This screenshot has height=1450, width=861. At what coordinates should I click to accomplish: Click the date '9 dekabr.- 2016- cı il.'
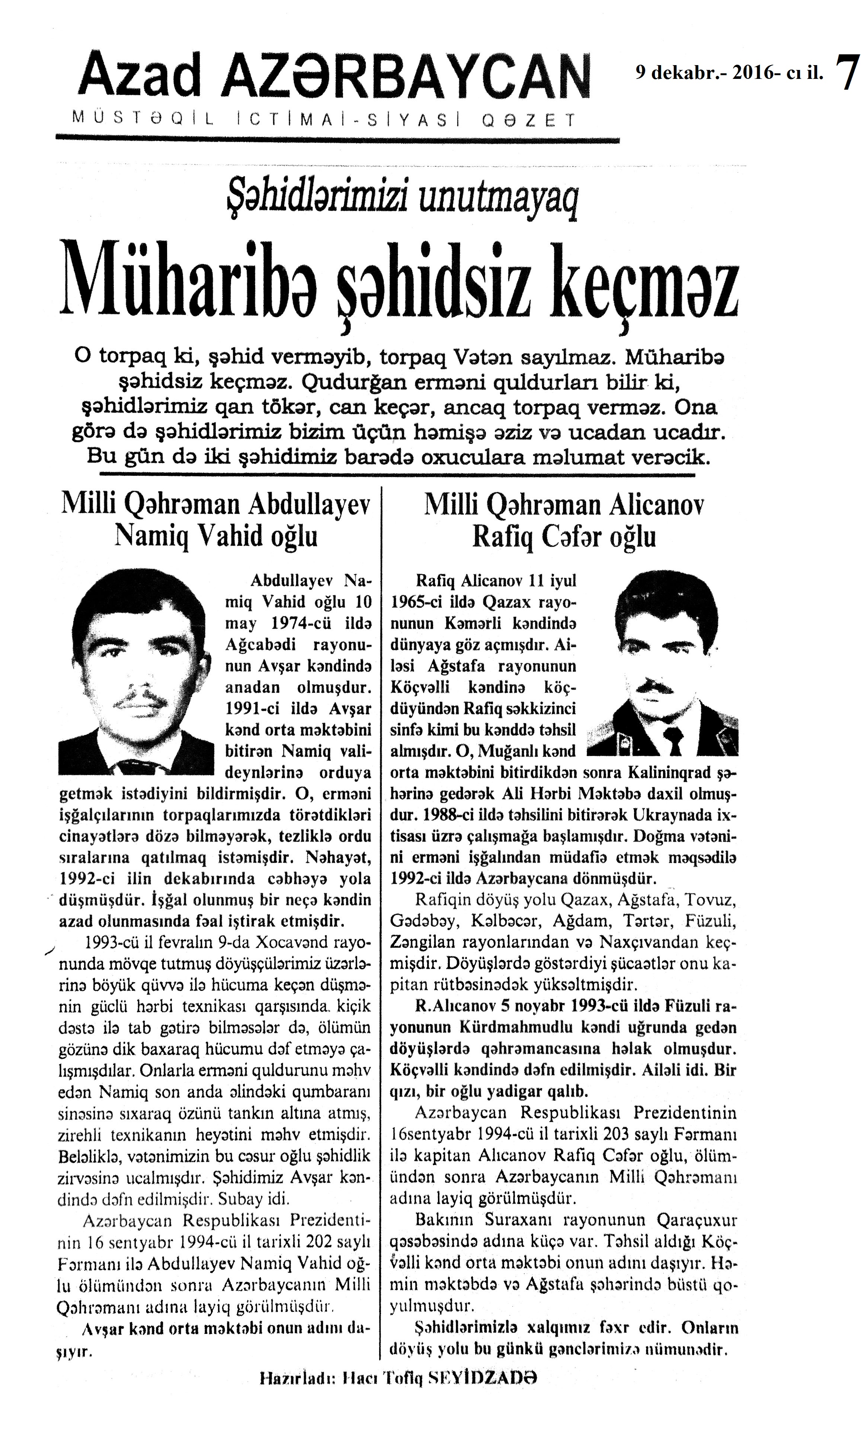coord(729,73)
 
